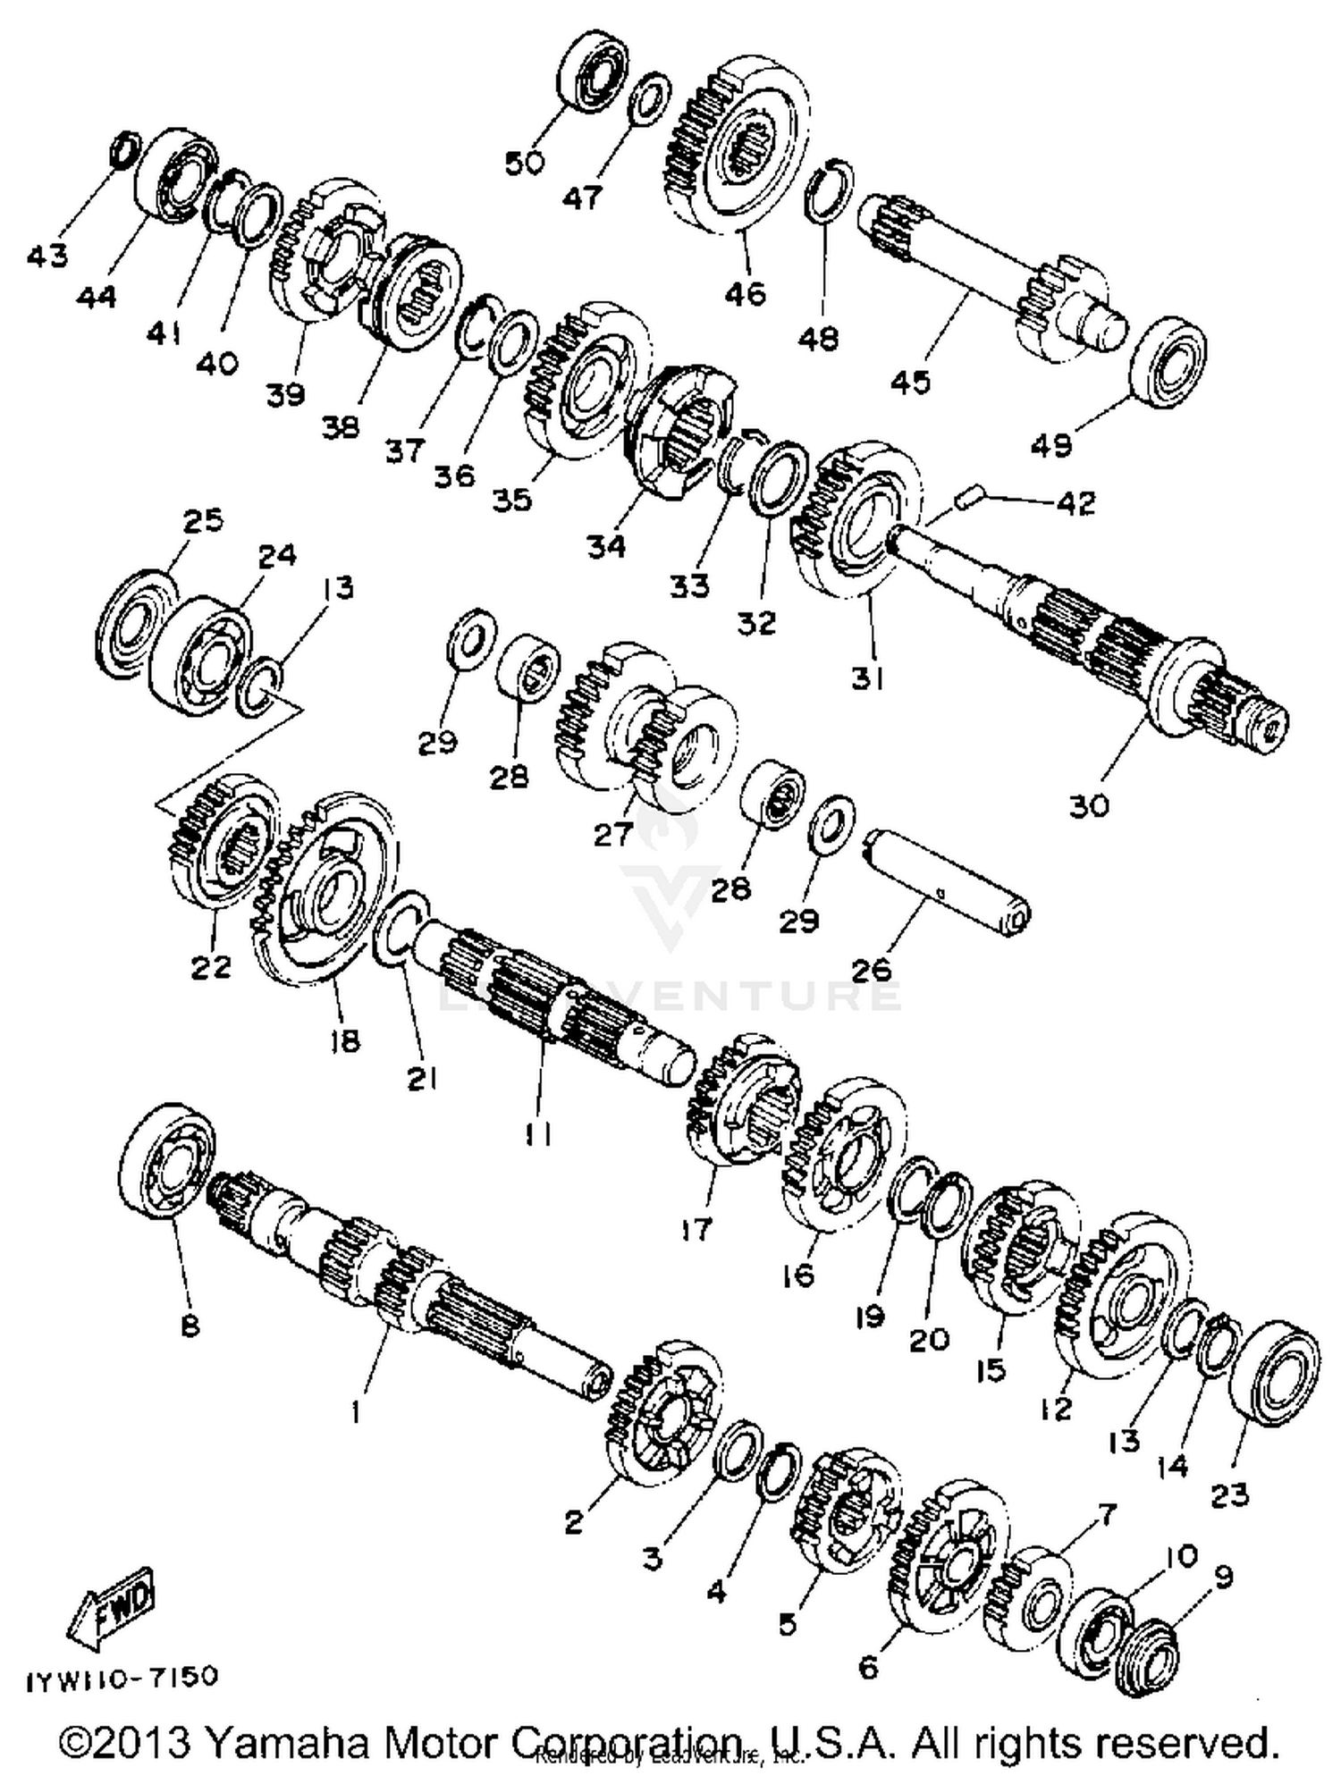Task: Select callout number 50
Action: tap(525, 164)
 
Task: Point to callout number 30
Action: tap(1088, 805)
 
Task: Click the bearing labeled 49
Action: tap(1168, 362)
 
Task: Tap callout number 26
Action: tap(873, 969)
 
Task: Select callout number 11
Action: tap(538, 1134)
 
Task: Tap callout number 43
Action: tap(46, 257)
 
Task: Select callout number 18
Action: tap(344, 1040)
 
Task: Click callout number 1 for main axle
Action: tap(356, 1411)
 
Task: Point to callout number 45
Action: tap(910, 382)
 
